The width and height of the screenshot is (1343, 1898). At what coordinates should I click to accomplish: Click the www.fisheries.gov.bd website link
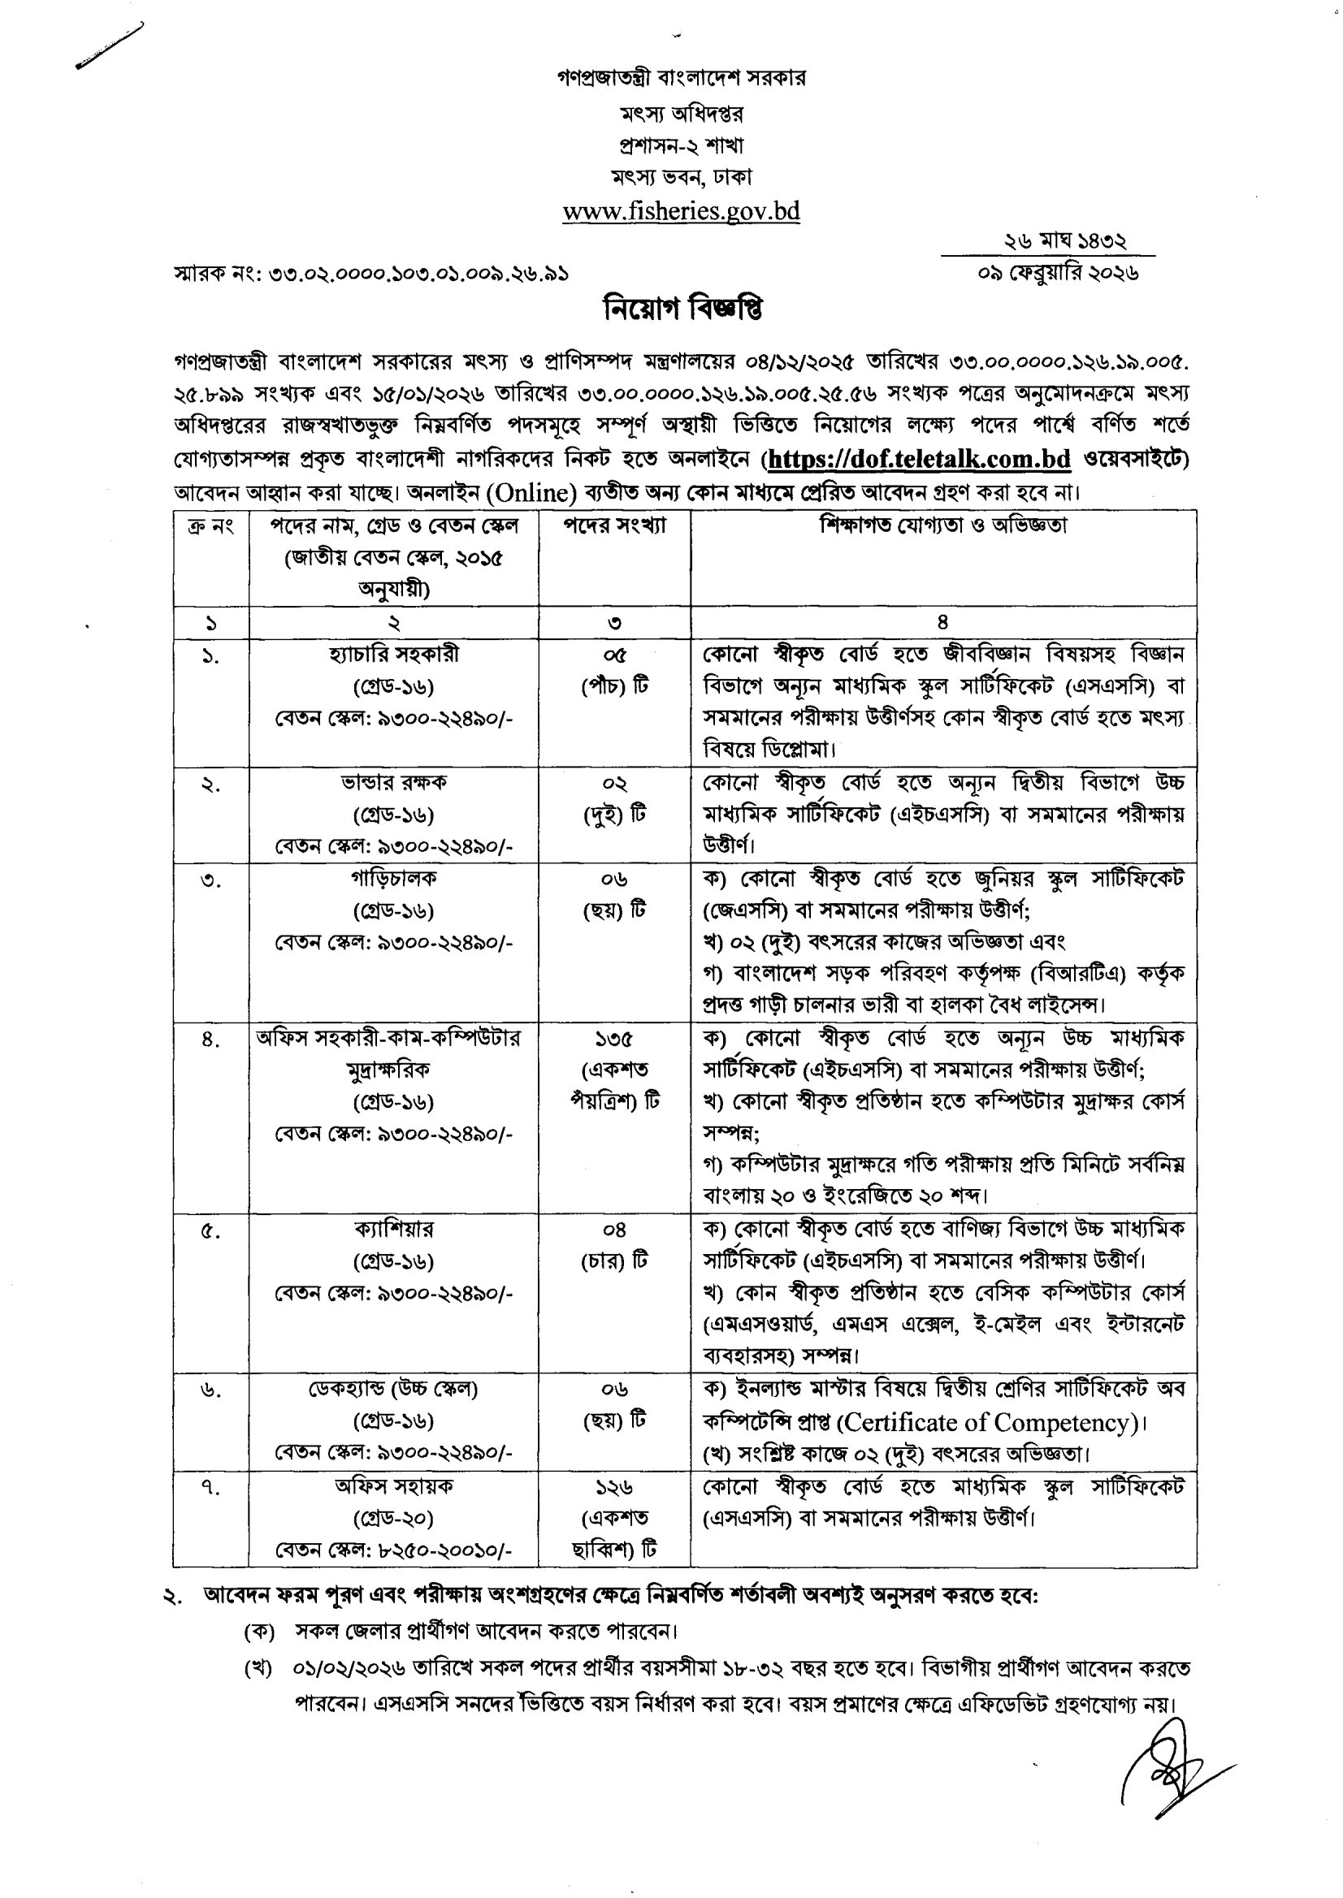pos(681,212)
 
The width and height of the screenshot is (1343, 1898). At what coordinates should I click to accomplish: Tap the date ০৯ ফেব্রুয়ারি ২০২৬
pos(1058,273)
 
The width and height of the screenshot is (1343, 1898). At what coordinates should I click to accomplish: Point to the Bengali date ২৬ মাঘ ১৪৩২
pos(1064,241)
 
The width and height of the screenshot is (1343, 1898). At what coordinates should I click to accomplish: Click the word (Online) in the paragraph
pos(531,493)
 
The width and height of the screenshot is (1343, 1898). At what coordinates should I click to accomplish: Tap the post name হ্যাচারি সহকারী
pos(393,654)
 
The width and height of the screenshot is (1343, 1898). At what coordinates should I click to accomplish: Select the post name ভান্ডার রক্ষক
pos(393,782)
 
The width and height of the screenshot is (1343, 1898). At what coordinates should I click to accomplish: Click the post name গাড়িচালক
pos(393,878)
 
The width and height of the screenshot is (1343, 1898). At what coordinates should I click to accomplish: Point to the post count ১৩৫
pos(613,1038)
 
